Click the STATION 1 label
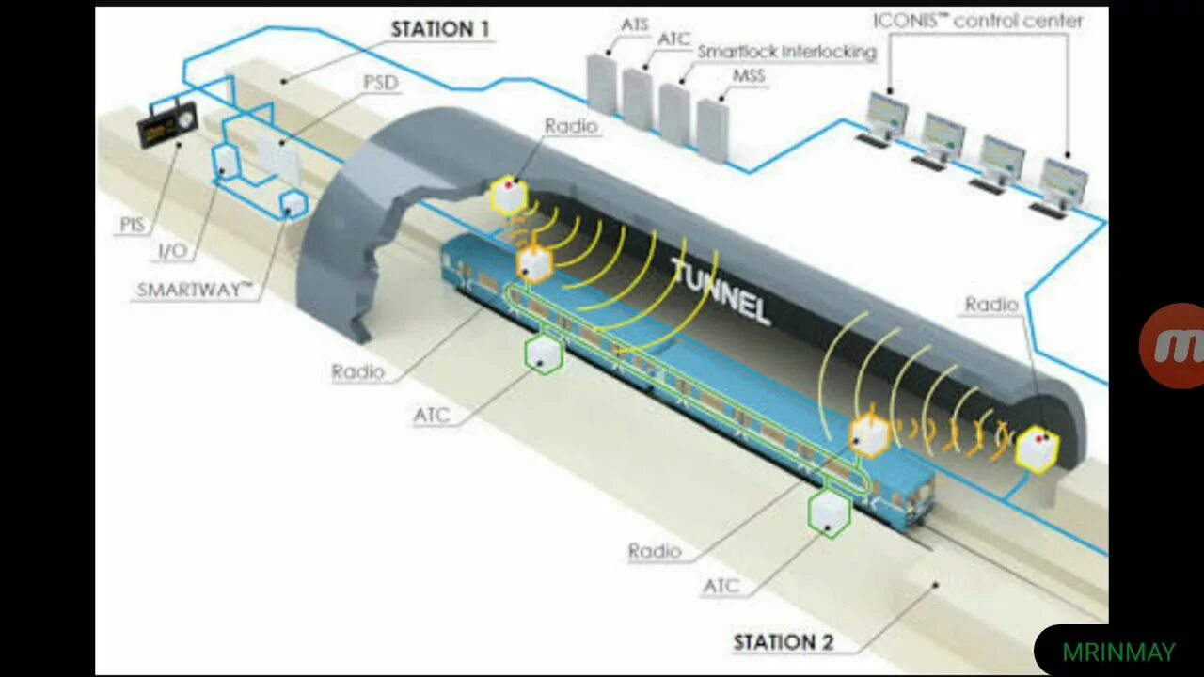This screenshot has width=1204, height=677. [440, 29]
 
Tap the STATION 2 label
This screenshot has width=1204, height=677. [783, 643]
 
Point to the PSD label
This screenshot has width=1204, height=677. [380, 83]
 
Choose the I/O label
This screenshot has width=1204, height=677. [173, 252]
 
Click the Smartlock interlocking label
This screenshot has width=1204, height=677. [786, 53]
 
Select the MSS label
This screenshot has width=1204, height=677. [749, 76]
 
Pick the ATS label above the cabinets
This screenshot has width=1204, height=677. [635, 24]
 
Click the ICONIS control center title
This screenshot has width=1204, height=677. [978, 21]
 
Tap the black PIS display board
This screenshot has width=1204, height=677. [167, 124]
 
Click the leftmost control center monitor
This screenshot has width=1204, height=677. [885, 115]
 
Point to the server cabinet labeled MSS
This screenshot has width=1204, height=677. [712, 129]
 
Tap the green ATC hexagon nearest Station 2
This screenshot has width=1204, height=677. [829, 512]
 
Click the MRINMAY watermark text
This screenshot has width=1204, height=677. [1118, 652]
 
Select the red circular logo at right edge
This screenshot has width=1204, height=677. [1176, 345]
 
